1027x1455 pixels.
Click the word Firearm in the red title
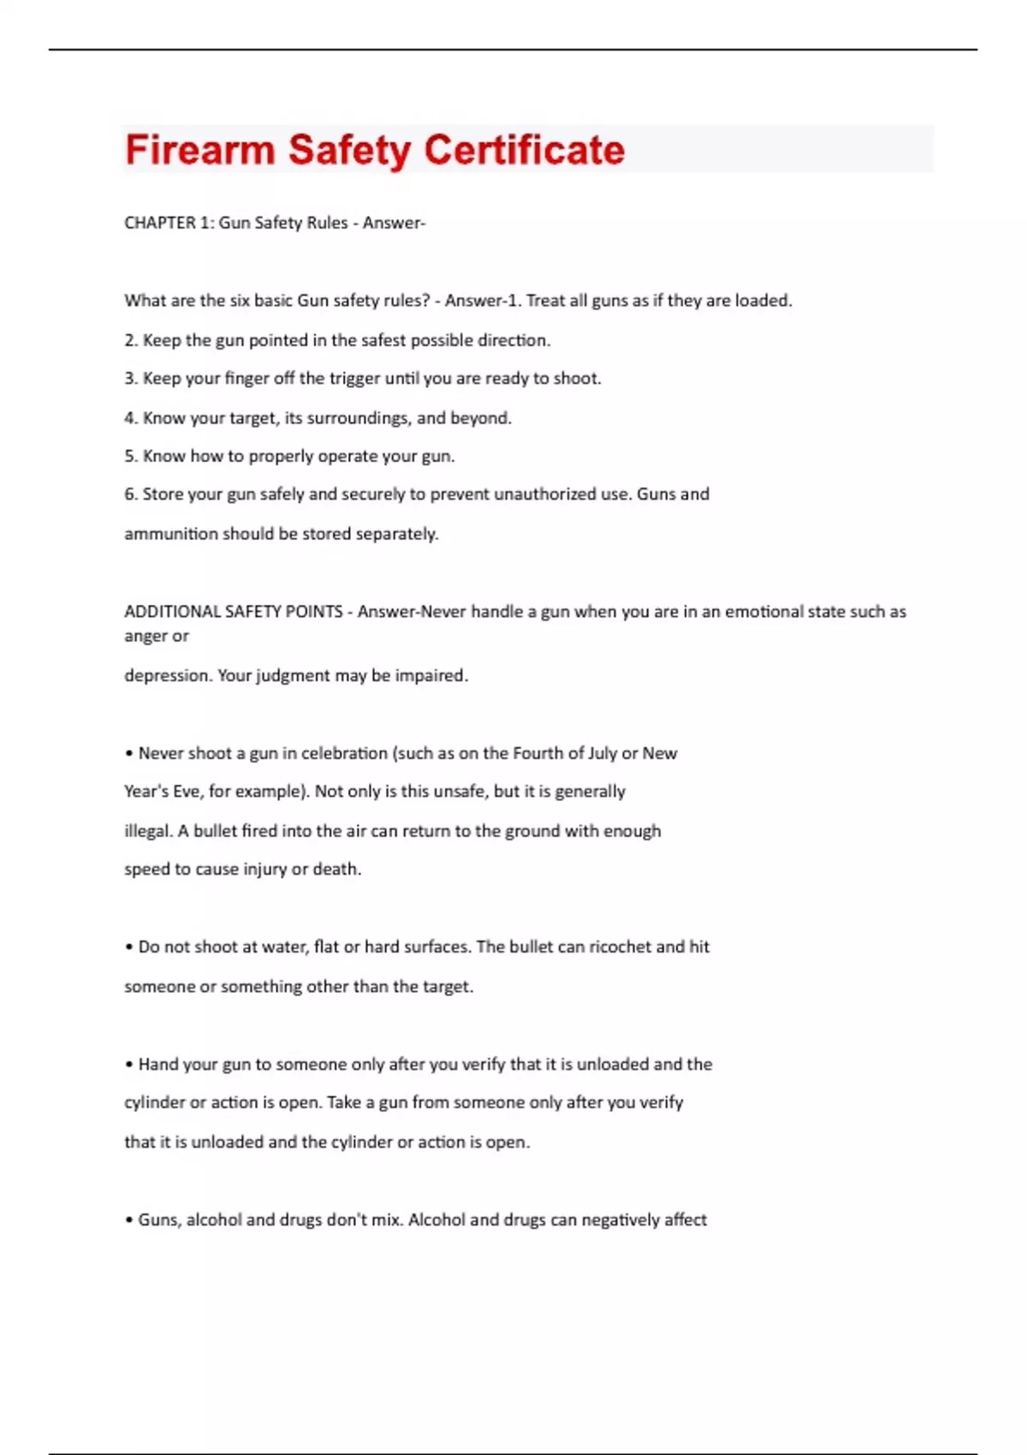click(x=199, y=150)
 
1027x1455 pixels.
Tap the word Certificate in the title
click(x=525, y=150)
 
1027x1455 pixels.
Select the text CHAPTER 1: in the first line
click(x=169, y=223)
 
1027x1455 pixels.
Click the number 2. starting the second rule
click(x=131, y=340)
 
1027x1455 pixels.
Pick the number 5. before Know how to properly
click(x=131, y=456)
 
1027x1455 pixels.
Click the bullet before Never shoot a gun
click(x=129, y=754)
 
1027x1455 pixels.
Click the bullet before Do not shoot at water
click(x=129, y=947)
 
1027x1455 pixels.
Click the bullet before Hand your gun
click(x=129, y=1065)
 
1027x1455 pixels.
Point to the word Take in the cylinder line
click(x=343, y=1102)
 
